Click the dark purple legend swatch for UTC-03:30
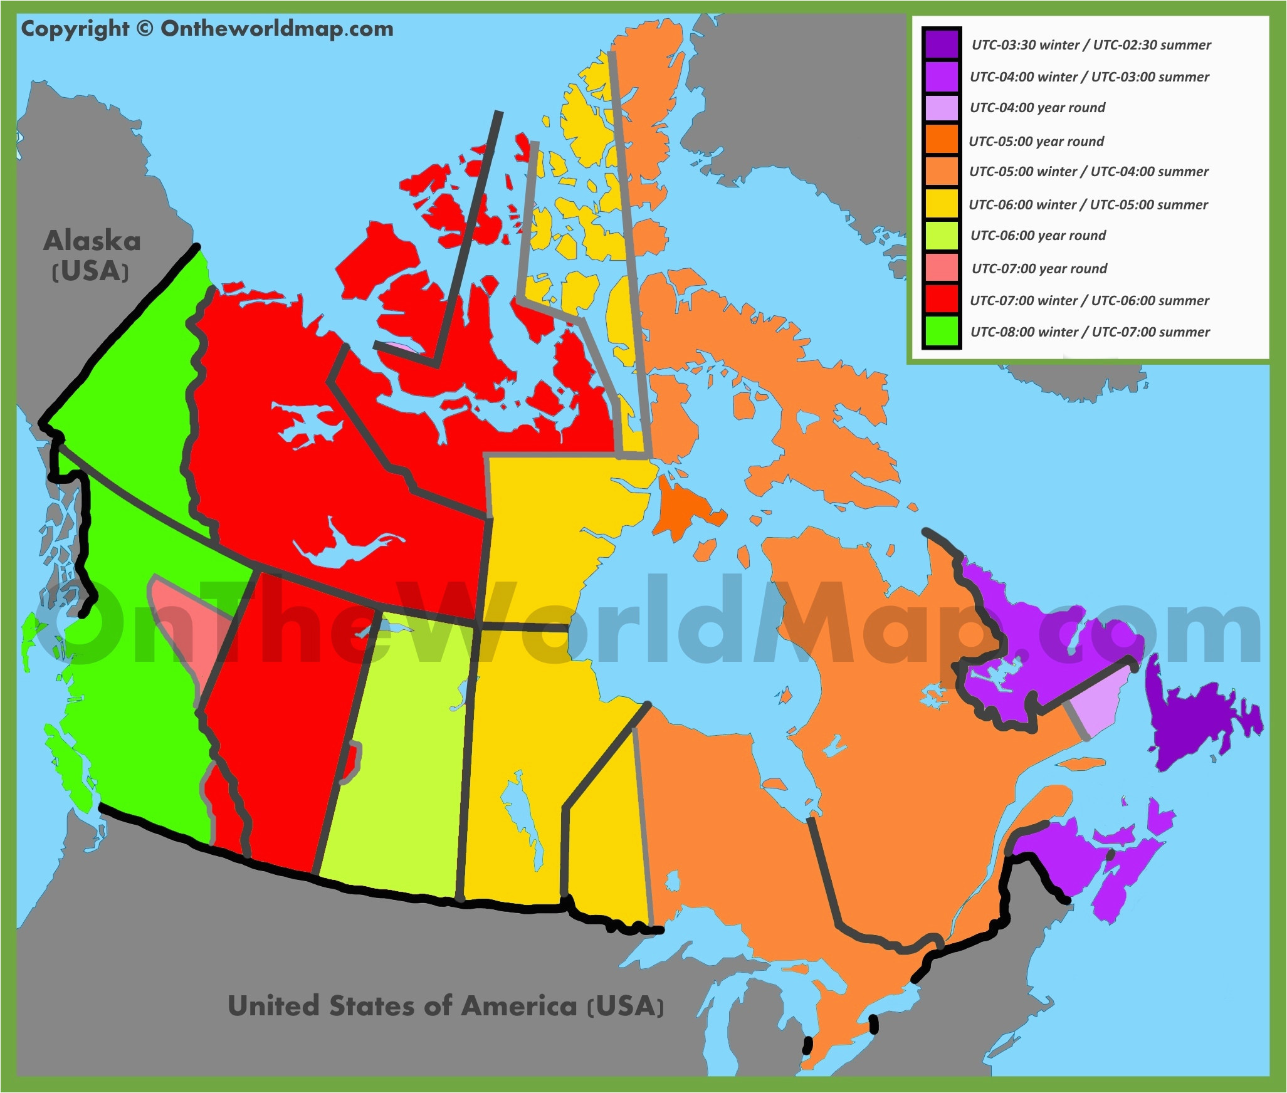[941, 44]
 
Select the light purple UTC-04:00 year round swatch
[941, 108]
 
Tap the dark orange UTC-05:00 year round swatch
[941, 140]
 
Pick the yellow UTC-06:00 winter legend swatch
[941, 204]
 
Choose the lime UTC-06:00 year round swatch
[941, 236]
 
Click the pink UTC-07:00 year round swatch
[941, 268]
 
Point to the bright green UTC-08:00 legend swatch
[941, 332]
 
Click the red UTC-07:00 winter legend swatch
[941, 300]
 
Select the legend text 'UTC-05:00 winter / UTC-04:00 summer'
[1088, 172]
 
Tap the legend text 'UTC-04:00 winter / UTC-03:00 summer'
[1090, 77]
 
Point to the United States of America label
[445, 1006]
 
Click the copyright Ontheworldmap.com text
[207, 29]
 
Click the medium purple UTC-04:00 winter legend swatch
[941, 76]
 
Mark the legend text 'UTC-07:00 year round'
[1039, 269]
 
